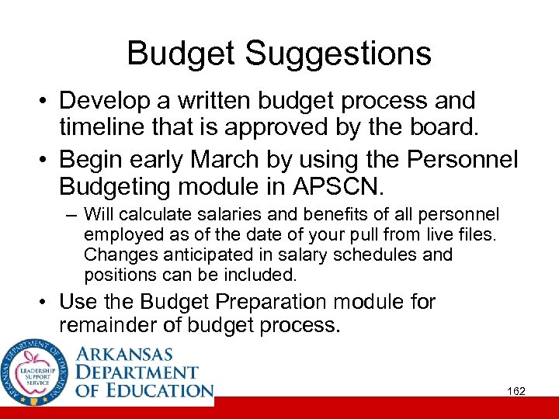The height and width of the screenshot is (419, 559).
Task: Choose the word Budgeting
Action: pyautogui.click(x=122, y=186)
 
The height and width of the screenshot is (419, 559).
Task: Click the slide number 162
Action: pyautogui.click(x=516, y=392)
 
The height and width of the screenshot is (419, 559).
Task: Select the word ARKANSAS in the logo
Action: pyautogui.click(x=124, y=355)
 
